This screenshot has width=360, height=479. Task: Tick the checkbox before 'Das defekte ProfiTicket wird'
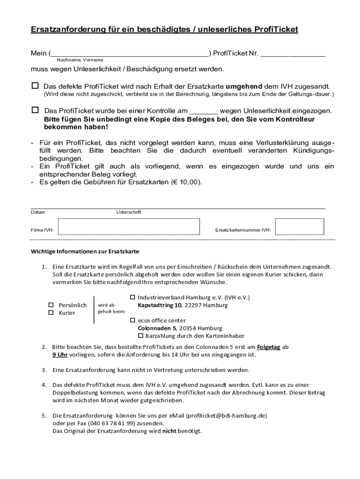(35, 86)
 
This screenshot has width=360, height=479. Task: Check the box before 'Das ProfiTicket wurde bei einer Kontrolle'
(35, 110)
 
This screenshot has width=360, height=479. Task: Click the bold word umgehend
(244, 87)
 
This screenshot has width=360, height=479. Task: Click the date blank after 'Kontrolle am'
(204, 111)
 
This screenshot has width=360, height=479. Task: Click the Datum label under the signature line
(38, 212)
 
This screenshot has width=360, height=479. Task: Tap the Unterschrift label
(129, 212)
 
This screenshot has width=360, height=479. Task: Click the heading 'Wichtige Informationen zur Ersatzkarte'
(85, 251)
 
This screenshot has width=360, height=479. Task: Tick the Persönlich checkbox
(52, 305)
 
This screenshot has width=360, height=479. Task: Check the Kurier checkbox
(52, 312)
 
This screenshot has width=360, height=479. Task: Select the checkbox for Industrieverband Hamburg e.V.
(132, 297)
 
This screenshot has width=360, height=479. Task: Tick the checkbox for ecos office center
(132, 320)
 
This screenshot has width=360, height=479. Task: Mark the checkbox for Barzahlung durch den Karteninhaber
(141, 336)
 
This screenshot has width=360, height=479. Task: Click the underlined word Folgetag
(268, 347)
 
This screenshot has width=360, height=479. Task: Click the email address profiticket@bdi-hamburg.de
(226, 415)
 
